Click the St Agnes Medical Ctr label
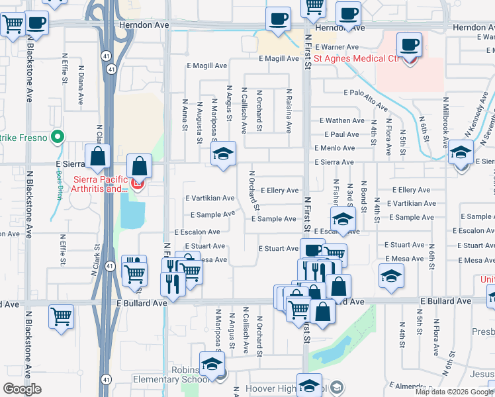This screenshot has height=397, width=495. (x=357, y=59)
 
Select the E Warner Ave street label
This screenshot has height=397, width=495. (x=337, y=48)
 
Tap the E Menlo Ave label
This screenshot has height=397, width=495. (x=341, y=148)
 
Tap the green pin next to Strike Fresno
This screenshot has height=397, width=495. (x=57, y=138)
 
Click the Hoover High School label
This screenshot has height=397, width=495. (x=273, y=388)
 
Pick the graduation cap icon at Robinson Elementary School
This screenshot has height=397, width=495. (x=212, y=365)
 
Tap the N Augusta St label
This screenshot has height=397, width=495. (x=199, y=122)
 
